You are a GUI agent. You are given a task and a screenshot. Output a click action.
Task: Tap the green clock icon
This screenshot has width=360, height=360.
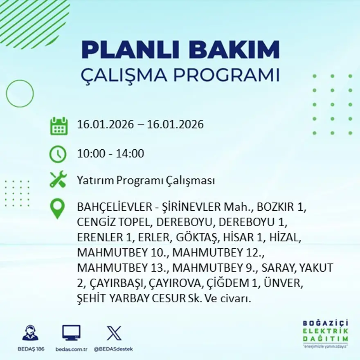pos(58,154)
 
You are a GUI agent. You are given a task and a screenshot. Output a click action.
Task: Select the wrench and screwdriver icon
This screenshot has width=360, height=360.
pos(58,180)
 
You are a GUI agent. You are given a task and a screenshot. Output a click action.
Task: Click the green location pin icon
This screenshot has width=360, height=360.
pos(57,208)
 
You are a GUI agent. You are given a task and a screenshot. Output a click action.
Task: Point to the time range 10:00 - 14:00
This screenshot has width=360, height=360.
pos(110,154)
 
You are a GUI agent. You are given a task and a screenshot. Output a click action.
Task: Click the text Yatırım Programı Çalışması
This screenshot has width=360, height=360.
pos(146,180)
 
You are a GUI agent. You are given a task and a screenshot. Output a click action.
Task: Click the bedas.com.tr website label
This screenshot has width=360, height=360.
pos(71,349)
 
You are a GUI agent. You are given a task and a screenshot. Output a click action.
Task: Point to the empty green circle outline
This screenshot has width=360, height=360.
pos(20,94)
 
